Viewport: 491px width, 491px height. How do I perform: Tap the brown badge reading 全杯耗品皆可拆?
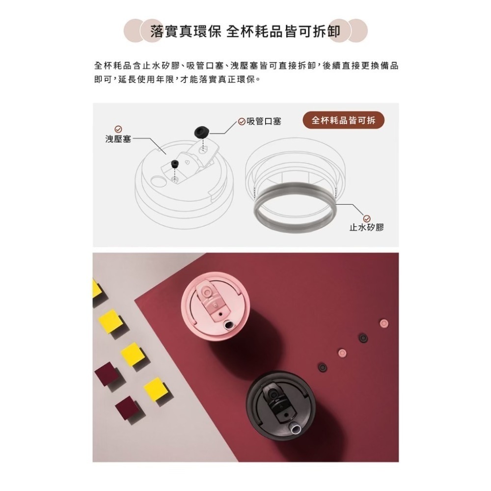coord(343,120)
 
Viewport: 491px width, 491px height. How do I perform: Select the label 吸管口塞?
coord(264,121)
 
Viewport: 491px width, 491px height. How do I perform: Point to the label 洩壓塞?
coord(117,139)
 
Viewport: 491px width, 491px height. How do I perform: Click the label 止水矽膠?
coord(366,227)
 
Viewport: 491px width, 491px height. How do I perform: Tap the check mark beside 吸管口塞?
coord(242,121)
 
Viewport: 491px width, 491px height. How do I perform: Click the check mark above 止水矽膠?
coord(366,218)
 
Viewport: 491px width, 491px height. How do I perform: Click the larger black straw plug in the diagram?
coord(201,131)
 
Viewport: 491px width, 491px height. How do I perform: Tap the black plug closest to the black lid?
coord(322,367)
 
